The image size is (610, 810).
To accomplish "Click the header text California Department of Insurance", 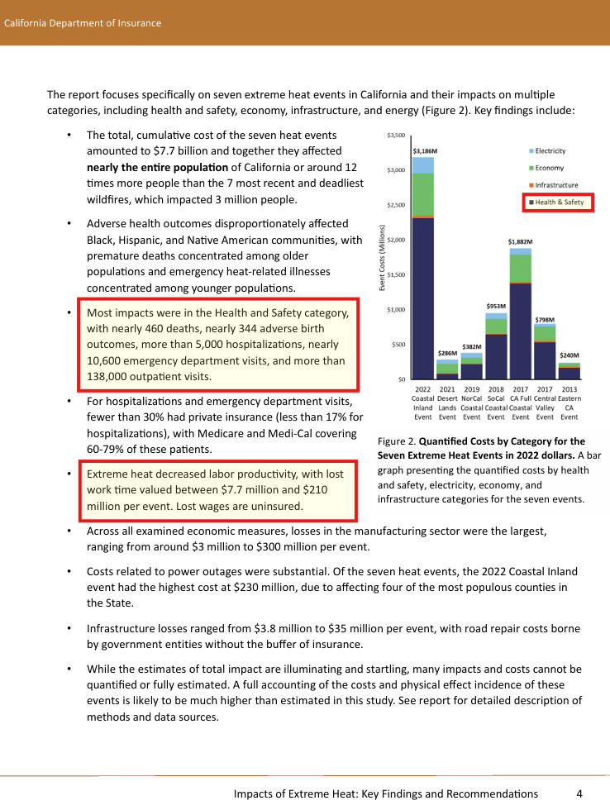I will point(83,23).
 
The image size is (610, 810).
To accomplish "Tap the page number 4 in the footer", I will point(579,793).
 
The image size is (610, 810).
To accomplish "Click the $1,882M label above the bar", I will point(519,242).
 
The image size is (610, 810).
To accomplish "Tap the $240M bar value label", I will point(569,355).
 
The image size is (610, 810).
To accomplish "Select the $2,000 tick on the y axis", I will point(395,240).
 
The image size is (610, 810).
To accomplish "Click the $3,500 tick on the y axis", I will point(395,135).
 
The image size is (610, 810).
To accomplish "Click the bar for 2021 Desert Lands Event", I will point(447,369).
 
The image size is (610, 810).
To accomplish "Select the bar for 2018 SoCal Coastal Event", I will point(496,347).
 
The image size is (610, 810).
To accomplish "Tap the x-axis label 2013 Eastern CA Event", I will point(569,403).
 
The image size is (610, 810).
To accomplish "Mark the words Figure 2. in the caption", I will point(396,441).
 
